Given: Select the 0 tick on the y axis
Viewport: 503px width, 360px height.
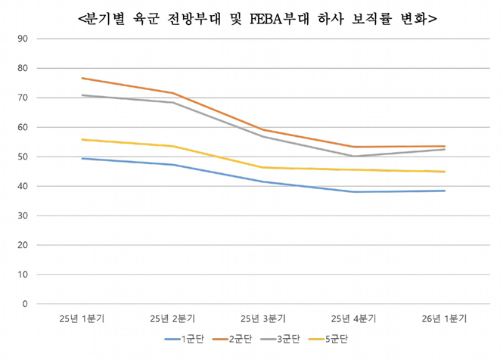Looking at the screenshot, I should (25, 304).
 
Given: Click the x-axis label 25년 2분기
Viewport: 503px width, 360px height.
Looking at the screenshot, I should (172, 318).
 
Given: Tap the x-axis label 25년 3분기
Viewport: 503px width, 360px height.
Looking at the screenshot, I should (263, 318).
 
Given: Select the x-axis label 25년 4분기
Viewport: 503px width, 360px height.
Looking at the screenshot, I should (354, 318).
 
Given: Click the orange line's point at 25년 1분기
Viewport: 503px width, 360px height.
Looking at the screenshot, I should (82, 78).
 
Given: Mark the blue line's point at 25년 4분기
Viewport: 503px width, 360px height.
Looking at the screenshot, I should (354, 191).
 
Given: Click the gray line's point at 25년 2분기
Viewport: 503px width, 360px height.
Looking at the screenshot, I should (172, 102).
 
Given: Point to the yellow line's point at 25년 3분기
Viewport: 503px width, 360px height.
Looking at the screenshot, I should (263, 167).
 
